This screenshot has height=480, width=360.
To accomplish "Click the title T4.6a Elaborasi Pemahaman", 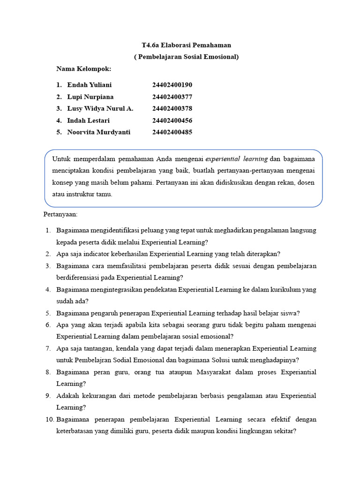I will pyautogui.click(x=186, y=45).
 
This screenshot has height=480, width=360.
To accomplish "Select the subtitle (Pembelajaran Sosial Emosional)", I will pyautogui.click(x=186, y=57).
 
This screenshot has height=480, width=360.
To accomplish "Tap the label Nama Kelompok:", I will pyautogui.click(x=83, y=69).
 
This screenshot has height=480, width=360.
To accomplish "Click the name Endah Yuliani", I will pyautogui.click(x=89, y=85).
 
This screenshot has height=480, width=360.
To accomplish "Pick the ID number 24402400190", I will pyautogui.click(x=172, y=85).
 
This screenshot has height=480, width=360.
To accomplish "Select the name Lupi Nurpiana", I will pyautogui.click(x=90, y=97).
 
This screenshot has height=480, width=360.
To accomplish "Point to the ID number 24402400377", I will pyautogui.click(x=172, y=97).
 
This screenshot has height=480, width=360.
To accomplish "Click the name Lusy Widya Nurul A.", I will pyautogui.click(x=100, y=108).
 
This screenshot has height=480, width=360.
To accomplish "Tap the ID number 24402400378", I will pyautogui.click(x=172, y=108).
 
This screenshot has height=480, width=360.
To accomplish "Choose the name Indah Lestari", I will pyautogui.click(x=88, y=120).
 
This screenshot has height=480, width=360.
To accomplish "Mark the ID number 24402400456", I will pyautogui.click(x=172, y=120).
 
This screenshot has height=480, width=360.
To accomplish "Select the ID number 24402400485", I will pyautogui.click(x=172, y=132).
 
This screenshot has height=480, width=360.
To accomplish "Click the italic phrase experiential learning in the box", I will pyautogui.click(x=236, y=159).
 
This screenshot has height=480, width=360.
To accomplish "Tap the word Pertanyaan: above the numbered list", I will pyautogui.click(x=60, y=214).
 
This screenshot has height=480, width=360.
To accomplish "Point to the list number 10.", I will pyautogui.click(x=50, y=419).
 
